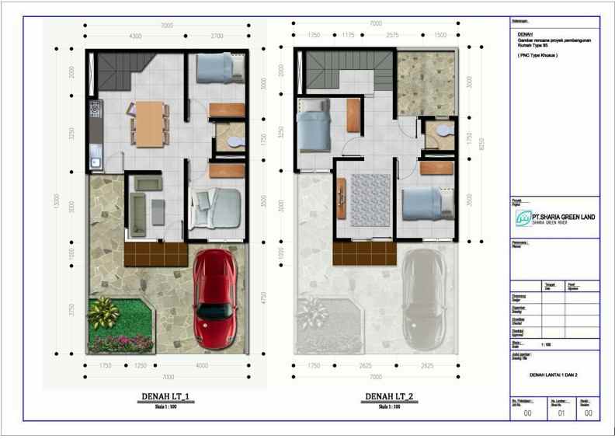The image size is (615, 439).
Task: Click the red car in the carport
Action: [214, 297]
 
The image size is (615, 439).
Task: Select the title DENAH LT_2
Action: [389, 397]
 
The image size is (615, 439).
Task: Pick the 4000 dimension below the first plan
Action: [202, 365]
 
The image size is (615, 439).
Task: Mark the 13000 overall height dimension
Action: [56, 200]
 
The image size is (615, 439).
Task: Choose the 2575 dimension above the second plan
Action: [392, 36]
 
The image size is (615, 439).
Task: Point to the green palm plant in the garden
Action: [104, 313]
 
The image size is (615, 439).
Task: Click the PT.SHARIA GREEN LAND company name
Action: [564, 217]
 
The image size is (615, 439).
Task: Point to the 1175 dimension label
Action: [347, 36]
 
